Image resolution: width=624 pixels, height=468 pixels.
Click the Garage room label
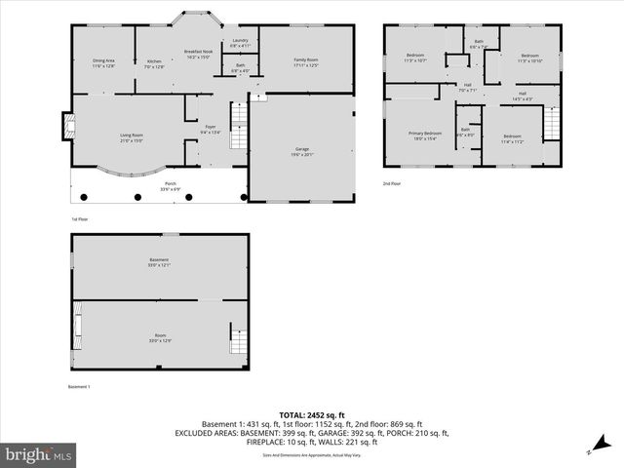point(301,151)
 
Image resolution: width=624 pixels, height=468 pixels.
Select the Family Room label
point(306,62)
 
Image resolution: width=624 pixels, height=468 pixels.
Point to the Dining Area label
point(103,63)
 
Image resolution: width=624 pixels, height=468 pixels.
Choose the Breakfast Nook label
point(198,54)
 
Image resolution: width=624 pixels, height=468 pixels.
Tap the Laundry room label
point(240,43)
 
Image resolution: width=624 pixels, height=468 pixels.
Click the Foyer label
point(210,129)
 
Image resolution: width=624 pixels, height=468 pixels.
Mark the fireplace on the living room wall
point(66,126)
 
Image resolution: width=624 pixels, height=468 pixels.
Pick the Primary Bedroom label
point(425,136)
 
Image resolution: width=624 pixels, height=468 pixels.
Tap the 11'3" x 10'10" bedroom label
point(529,58)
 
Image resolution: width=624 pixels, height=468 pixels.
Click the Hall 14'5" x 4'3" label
point(523,96)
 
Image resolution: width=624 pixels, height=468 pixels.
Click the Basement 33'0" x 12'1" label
point(159,262)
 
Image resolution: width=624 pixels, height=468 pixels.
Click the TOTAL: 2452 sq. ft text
point(311,413)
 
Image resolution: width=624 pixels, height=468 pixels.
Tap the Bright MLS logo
point(39,454)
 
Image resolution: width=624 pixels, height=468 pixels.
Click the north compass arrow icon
point(590,451)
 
